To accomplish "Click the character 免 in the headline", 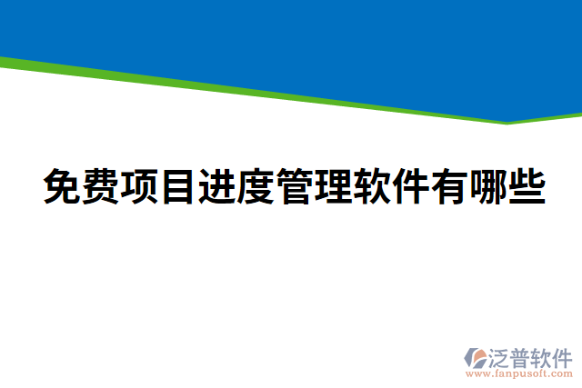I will point(63,188).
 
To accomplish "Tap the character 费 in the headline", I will point(102,188).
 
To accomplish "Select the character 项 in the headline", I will point(140,188).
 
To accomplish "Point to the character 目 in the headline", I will point(178,188).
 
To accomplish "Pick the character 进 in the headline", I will point(217,188).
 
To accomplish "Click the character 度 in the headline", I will point(256,188).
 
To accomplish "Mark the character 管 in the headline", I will point(295,188).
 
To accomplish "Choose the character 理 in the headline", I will point(333,188).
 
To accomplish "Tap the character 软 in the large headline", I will point(372,188).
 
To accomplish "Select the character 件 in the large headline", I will point(410,188).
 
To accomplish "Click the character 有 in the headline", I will point(449,188).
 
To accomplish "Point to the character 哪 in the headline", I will point(487,188).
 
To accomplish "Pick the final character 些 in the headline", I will point(527,188).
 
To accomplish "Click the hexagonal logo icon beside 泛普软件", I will point(475,357).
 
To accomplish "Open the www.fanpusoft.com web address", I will point(517,373).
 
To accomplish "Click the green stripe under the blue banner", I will point(273,94).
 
